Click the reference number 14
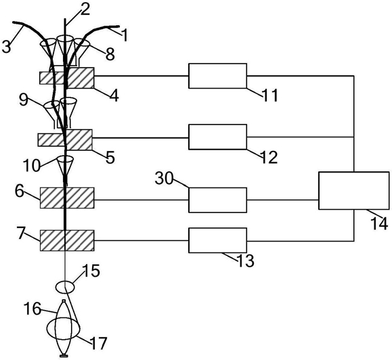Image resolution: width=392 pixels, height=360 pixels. click(x=379, y=223)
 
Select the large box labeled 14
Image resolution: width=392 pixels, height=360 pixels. click(x=354, y=191)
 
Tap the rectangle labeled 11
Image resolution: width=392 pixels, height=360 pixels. click(x=217, y=76)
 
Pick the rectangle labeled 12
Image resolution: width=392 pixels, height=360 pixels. click(x=217, y=137)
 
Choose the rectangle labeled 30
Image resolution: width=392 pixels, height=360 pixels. click(x=217, y=200)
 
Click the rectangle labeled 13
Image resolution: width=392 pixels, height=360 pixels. click(x=217, y=240)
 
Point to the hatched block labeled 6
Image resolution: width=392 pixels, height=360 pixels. click(x=67, y=198)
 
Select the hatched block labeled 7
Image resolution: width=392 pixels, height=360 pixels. click(x=67, y=241)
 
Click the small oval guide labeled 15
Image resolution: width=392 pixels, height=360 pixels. click(x=65, y=287)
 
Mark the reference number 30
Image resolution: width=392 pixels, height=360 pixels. click(x=164, y=179)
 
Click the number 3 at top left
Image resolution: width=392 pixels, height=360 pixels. click(x=7, y=47)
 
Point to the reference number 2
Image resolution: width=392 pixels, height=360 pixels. click(x=85, y=10)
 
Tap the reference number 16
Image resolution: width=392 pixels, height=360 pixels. click(x=32, y=309)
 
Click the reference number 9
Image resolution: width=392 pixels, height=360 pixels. click(x=24, y=100)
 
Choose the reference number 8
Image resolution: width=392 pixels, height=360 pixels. click(x=110, y=54)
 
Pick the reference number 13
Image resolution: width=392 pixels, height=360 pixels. click(x=245, y=261)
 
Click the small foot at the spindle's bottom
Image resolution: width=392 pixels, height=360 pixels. click(x=64, y=356)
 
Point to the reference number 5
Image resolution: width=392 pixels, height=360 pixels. click(x=110, y=158)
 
